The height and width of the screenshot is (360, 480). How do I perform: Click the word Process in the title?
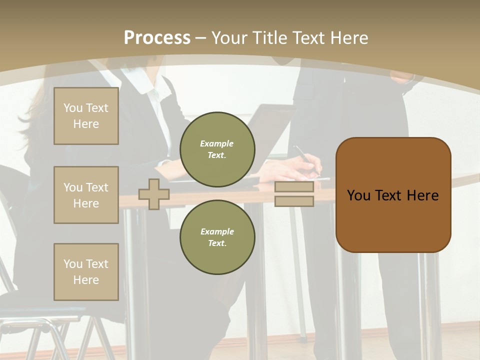tap(157, 38)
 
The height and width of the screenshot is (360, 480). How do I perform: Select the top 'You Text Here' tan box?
tap(86, 116)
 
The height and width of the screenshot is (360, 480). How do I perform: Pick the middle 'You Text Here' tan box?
tap(86, 195)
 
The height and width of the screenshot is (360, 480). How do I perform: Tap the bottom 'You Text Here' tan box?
tap(86, 271)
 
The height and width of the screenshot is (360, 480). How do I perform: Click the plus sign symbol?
tap(154, 194)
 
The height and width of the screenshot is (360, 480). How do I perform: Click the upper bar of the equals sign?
tap(294, 186)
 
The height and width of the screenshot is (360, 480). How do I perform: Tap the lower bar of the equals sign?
tap(294, 201)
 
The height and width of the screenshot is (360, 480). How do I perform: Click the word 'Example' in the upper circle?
tap(217, 143)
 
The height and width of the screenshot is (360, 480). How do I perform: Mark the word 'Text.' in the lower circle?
tap(217, 243)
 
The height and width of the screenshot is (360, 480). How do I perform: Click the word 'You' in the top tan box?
tap(72, 108)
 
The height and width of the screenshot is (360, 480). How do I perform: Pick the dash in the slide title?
tap(201, 38)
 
